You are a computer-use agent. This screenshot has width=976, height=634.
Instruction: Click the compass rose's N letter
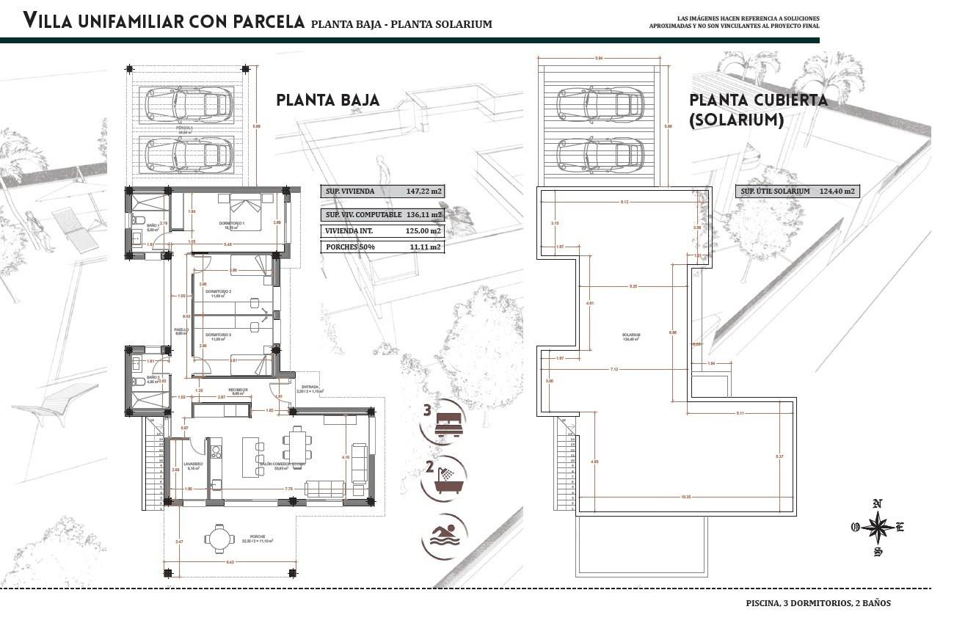pyautogui.click(x=877, y=503)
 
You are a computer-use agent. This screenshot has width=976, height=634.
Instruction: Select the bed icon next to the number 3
pyautogui.click(x=450, y=423)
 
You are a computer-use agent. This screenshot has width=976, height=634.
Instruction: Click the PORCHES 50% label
pyautogui.click(x=350, y=247)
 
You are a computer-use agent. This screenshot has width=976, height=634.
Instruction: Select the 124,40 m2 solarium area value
pyautogui.click(x=839, y=192)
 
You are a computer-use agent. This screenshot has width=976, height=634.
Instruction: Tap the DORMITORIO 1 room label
pyautogui.click(x=232, y=223)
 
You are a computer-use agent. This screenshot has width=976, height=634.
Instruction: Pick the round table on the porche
pyautogui.click(x=218, y=539)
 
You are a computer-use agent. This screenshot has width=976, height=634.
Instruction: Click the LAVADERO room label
pyautogui.click(x=193, y=464)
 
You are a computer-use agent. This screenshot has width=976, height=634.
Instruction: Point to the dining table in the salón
pyautogui.click(x=298, y=443)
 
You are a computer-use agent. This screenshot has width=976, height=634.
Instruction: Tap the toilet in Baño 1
pyautogui.click(x=139, y=219)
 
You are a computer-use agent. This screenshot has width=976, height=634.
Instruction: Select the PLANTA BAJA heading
pyautogui.click(x=328, y=100)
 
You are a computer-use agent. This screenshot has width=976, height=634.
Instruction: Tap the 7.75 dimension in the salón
pyautogui.click(x=288, y=489)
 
